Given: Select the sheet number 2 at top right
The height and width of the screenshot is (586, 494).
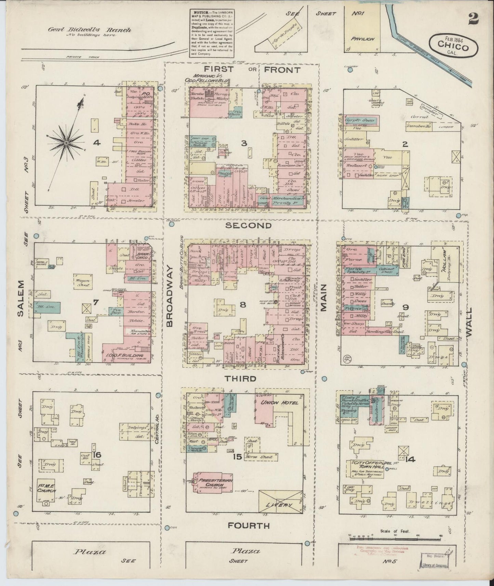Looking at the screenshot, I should click(473, 19).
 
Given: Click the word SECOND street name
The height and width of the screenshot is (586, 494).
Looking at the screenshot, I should click(249, 226).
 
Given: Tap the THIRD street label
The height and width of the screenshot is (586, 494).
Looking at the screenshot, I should click(240, 378).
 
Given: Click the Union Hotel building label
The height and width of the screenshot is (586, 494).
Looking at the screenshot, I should click(280, 402).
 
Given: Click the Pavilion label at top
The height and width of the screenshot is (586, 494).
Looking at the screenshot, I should click(363, 39).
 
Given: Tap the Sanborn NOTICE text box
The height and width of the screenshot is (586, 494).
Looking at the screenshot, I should click(212, 33).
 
